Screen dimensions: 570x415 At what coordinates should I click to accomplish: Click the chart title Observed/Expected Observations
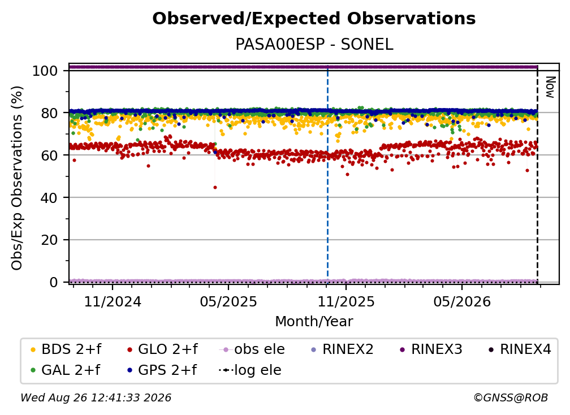(x=314, y=19)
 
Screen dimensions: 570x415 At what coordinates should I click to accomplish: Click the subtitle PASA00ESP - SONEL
(x=314, y=45)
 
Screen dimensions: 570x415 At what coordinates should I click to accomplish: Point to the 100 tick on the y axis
(x=45, y=71)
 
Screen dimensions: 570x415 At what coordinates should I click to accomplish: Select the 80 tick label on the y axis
(x=49, y=113)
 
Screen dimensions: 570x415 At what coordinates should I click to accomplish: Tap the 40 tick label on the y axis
(x=49, y=198)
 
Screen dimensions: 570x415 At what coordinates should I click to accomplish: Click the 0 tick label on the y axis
(x=54, y=282)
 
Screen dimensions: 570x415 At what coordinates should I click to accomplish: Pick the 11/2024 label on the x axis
(x=113, y=301)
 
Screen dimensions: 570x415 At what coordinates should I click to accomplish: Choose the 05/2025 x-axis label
(x=228, y=301)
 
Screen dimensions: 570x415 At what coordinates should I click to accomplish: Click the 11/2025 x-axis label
(x=346, y=301)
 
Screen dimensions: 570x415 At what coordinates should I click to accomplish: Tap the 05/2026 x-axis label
(x=462, y=301)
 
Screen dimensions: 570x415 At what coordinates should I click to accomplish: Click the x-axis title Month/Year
(x=314, y=322)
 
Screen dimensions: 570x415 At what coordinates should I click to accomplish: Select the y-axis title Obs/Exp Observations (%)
(x=17, y=178)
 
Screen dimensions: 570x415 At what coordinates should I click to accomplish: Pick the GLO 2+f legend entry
(x=162, y=349)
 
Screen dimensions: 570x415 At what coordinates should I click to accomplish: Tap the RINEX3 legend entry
(x=431, y=349)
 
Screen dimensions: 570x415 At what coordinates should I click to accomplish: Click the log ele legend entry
(x=250, y=370)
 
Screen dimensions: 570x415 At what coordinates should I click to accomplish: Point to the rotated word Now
(x=550, y=87)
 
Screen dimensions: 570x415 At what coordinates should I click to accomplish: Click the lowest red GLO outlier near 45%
(x=215, y=188)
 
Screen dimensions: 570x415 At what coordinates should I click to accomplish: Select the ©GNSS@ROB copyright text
(x=511, y=398)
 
